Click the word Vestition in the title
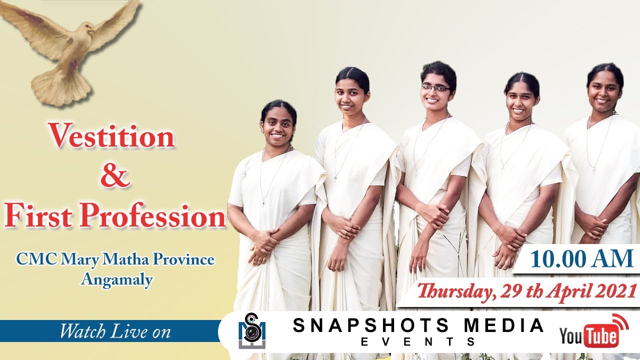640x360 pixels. click(111, 136)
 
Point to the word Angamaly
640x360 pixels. click(116, 279)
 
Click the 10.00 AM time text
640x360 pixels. click(581, 259)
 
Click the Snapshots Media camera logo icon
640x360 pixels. click(251, 331)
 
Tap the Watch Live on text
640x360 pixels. click(115, 331)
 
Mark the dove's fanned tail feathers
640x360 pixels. click(60, 90)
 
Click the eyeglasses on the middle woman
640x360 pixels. click(435, 88)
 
